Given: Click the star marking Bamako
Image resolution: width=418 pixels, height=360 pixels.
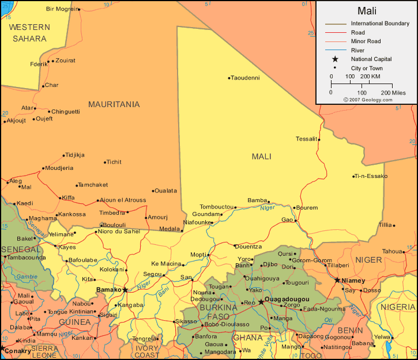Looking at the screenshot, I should [125, 290].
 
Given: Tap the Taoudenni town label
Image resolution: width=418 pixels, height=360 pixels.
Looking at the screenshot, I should [246, 78].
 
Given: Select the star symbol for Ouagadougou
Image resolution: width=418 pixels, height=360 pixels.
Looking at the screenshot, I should [261, 301].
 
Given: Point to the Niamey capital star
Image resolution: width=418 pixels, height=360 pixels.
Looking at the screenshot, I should [337, 280].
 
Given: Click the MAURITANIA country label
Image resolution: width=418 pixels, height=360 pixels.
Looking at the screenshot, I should [114, 104].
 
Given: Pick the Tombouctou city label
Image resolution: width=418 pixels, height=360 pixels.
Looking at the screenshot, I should [217, 207].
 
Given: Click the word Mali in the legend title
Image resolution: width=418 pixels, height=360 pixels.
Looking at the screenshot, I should [367, 11].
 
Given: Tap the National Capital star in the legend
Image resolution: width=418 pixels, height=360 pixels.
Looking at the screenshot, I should [334, 59].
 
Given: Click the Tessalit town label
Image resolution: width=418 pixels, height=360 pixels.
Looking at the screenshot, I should [306, 139].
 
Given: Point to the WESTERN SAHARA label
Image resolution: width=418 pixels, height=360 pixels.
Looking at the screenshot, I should [29, 33].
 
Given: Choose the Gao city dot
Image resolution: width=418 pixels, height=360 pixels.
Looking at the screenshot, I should [296, 220].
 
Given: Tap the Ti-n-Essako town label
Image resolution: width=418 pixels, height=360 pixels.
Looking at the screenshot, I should [371, 176].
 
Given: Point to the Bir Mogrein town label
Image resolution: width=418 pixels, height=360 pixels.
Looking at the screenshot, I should [61, 9].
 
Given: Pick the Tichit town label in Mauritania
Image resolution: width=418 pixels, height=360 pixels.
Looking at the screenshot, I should [114, 162].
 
